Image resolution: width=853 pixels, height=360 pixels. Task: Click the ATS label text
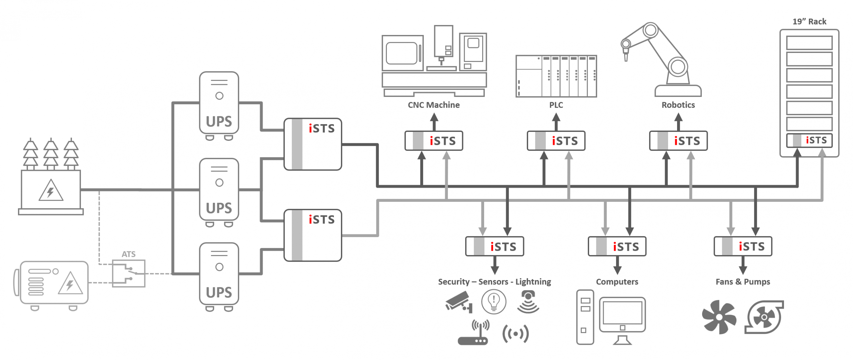128,254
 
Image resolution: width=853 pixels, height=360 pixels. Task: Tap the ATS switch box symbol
129,273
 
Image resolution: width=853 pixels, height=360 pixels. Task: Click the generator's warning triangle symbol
70,284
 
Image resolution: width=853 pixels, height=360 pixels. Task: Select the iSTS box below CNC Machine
433,141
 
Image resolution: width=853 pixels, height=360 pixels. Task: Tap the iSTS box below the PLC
556,141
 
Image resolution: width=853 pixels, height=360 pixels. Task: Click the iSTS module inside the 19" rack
809,140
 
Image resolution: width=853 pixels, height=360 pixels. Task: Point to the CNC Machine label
433,105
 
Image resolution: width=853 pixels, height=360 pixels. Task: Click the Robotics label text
678,105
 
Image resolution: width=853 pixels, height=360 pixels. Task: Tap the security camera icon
458,302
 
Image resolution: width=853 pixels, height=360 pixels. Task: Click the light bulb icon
493,302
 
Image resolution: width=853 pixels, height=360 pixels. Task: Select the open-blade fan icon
719,317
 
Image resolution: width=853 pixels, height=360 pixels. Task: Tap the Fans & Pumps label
742,282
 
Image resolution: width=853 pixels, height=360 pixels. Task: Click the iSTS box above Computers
617,246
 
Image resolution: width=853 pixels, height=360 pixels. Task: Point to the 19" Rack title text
809,22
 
